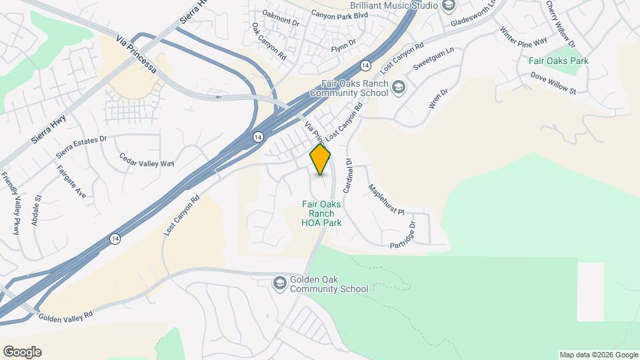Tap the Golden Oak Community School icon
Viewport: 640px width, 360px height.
tap(279, 284)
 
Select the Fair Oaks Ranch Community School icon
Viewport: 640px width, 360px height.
tap(398, 88)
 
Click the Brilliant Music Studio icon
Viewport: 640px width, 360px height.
tap(448, 5)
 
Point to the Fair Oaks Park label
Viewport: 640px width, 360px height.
tap(558, 61)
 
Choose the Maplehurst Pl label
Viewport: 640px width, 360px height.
tap(386, 199)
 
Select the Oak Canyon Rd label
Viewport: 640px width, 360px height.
tap(269, 43)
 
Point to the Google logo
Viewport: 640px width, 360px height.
tap(22, 352)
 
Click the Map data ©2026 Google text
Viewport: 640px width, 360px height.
tap(598, 355)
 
